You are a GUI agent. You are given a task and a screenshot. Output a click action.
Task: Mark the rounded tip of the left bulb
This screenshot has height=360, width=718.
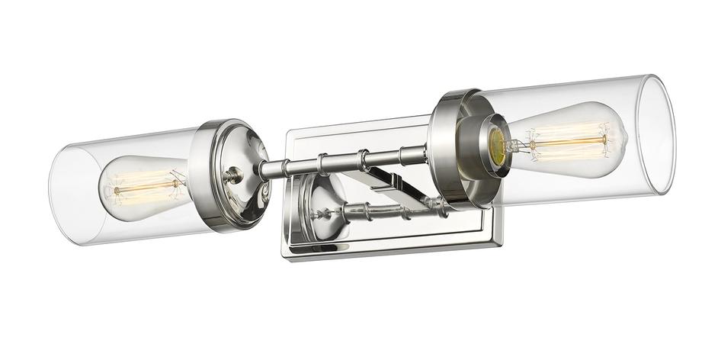coord(104,188)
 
